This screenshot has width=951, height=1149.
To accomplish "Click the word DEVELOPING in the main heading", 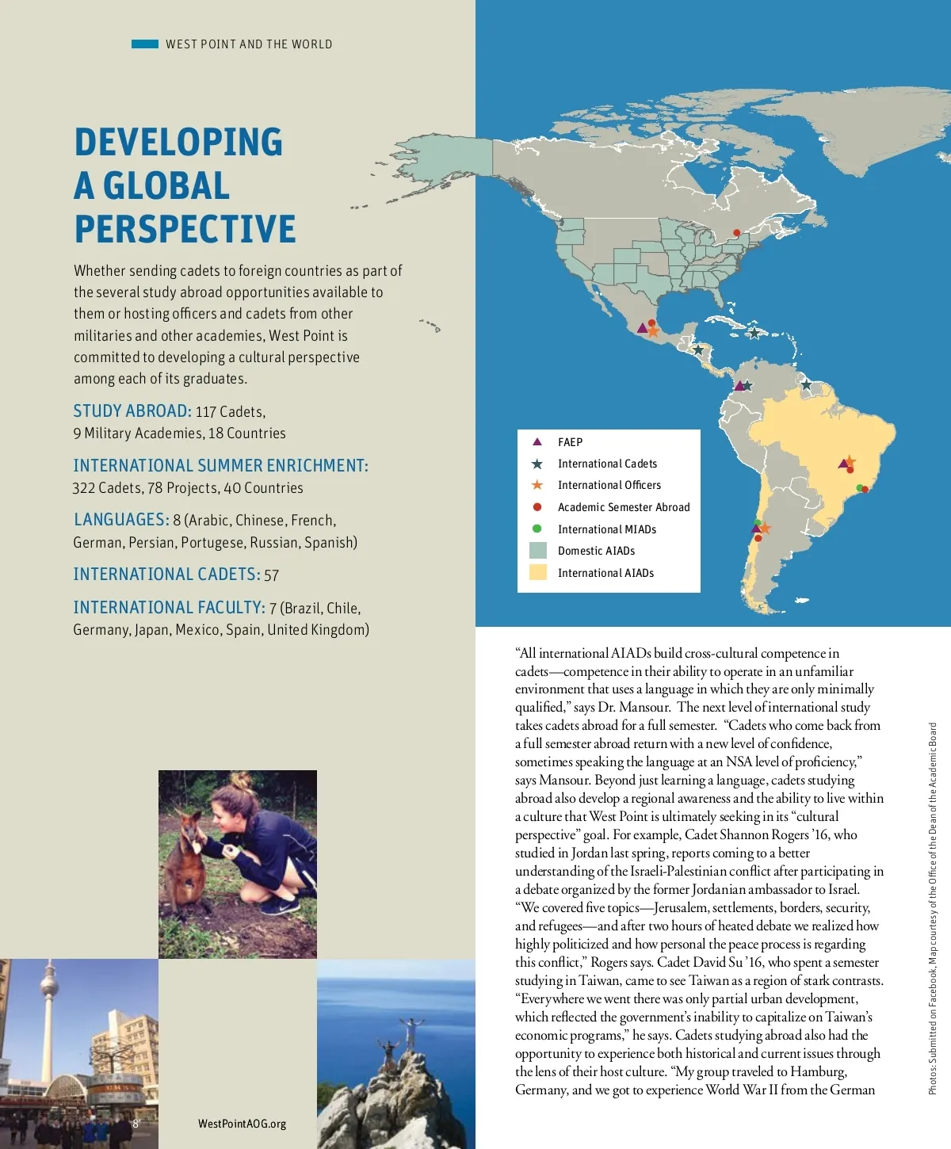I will point(178,143).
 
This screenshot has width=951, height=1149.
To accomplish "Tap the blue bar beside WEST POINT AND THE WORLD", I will point(145,44).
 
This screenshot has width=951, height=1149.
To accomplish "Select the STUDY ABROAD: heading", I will point(132,411).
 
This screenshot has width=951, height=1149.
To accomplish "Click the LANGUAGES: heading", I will point(121,520).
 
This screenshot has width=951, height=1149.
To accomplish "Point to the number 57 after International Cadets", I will point(272,575).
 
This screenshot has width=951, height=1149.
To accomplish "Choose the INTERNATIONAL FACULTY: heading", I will point(169,608).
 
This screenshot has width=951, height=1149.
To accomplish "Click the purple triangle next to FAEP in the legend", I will point(537,442).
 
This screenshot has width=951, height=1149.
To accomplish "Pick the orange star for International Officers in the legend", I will point(537,485).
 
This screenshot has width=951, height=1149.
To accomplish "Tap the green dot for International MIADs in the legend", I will point(537,529).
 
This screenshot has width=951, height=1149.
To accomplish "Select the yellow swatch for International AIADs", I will point(538,572).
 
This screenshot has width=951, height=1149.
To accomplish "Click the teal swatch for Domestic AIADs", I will point(538,551).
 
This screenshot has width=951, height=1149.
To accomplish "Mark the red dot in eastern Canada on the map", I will point(736,233).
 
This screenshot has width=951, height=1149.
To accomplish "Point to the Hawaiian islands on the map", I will point(430,324).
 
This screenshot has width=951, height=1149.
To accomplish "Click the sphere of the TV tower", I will point(50,974).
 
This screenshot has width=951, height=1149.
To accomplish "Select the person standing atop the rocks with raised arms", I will point(411,1030).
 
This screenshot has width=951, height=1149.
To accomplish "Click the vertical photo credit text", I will point(933,907).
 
